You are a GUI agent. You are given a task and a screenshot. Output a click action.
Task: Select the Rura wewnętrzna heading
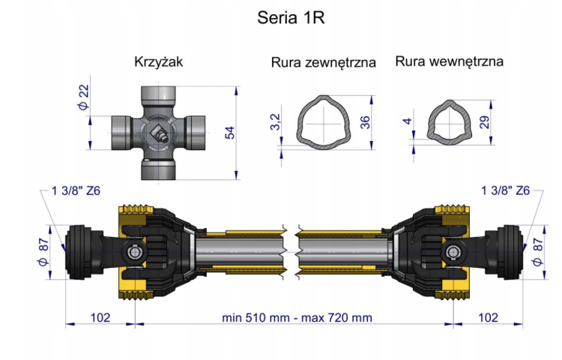pyautogui.click(x=449, y=61)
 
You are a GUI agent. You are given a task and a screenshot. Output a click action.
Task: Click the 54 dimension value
pyautogui.click(x=229, y=133)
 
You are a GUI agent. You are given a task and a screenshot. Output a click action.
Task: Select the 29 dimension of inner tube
pyautogui.click(x=484, y=121)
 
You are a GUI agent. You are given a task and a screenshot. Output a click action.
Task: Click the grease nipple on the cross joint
pyautogui.click(x=160, y=133)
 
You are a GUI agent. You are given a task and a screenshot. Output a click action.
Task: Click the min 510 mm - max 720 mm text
pyautogui.click(x=297, y=317)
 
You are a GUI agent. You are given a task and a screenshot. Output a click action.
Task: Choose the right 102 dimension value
pyautogui.click(x=487, y=317)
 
